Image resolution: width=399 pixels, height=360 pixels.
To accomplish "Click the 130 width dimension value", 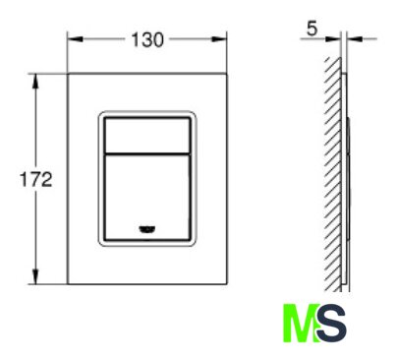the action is (x=147, y=39).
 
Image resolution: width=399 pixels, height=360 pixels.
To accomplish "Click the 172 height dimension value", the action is (x=36, y=179).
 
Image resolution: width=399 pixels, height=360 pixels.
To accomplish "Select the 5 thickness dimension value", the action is (x=313, y=29).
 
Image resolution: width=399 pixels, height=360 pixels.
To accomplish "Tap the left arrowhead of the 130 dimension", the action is (x=75, y=39).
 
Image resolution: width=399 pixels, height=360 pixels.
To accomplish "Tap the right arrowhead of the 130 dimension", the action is (x=219, y=39).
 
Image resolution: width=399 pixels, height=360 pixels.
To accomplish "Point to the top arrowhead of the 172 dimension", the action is (x=35, y=82).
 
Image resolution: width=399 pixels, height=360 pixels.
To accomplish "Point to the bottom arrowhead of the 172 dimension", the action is (x=35, y=276).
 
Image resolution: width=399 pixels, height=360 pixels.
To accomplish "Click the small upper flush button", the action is (x=147, y=135).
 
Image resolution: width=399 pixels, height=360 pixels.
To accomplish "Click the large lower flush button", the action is (x=147, y=198).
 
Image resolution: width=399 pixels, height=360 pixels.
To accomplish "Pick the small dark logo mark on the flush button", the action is (x=147, y=230).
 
